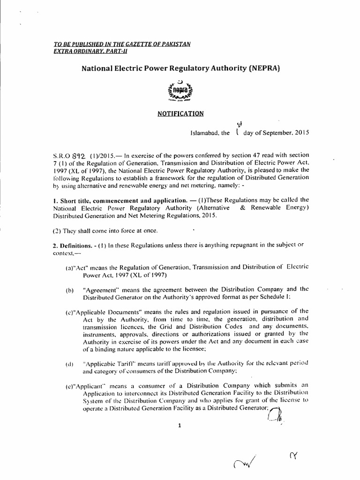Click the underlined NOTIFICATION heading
point(180,113)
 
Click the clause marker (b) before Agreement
point(70,291)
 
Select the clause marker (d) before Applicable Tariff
point(70,364)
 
